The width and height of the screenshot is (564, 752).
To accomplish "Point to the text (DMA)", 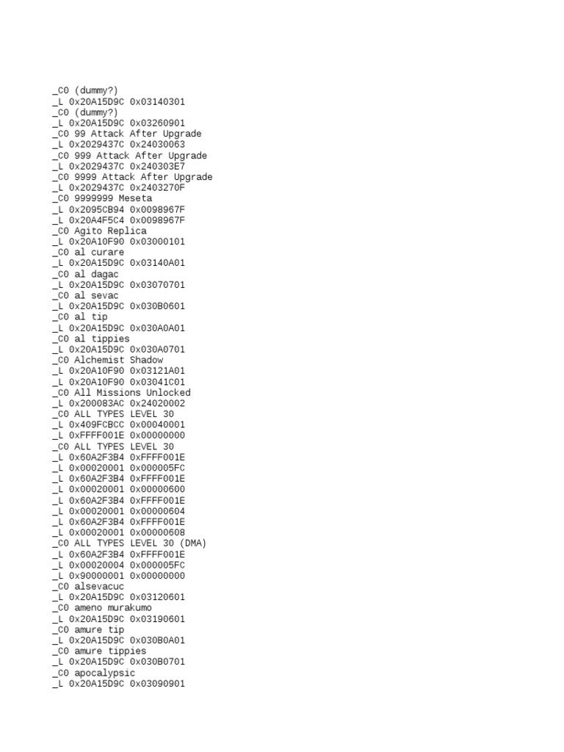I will pos(193,543).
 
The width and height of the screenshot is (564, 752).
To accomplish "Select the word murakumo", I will pos(129,608).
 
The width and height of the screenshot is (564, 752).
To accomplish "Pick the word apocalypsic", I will pos(104,673).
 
